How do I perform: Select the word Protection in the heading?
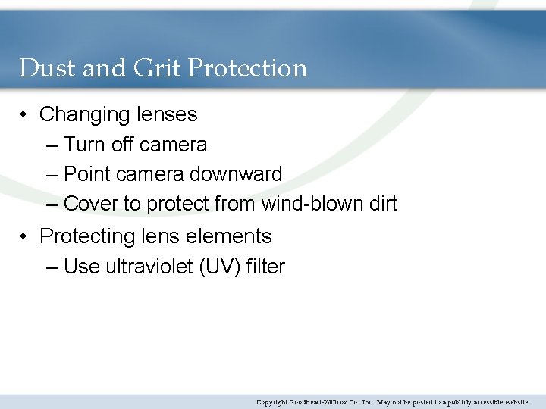247,68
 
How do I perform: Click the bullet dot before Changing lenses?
25,115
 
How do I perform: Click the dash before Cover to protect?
52,204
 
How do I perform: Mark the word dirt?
382,204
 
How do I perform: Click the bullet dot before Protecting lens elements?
25,237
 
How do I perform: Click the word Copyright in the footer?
271,401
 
